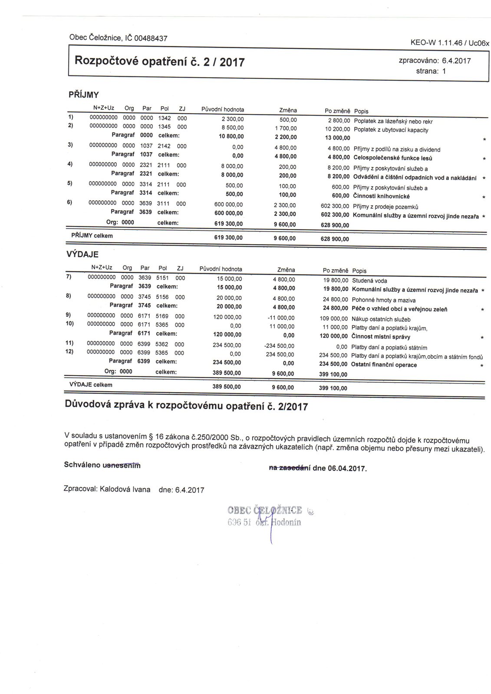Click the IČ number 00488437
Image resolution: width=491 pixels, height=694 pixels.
(x=151, y=38)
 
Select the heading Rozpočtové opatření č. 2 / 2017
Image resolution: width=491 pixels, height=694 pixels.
(x=160, y=61)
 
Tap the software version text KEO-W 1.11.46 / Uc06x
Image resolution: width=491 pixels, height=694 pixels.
(x=449, y=43)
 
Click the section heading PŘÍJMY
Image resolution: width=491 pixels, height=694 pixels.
(x=84, y=95)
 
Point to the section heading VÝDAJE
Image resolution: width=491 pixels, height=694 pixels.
(x=82, y=255)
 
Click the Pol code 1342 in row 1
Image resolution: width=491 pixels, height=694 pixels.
(x=165, y=118)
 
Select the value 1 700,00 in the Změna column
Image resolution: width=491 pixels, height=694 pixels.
(x=286, y=128)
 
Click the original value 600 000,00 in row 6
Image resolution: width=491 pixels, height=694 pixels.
(x=229, y=205)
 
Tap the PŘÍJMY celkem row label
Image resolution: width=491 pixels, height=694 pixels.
(x=92, y=236)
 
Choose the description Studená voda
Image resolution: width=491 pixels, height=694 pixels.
(x=369, y=281)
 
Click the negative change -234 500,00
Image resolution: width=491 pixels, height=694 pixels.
(x=279, y=346)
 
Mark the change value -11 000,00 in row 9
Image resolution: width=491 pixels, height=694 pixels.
(x=282, y=318)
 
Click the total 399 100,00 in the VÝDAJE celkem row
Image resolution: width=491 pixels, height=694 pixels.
(x=333, y=389)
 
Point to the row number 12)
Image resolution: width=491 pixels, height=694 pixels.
(x=70, y=351)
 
